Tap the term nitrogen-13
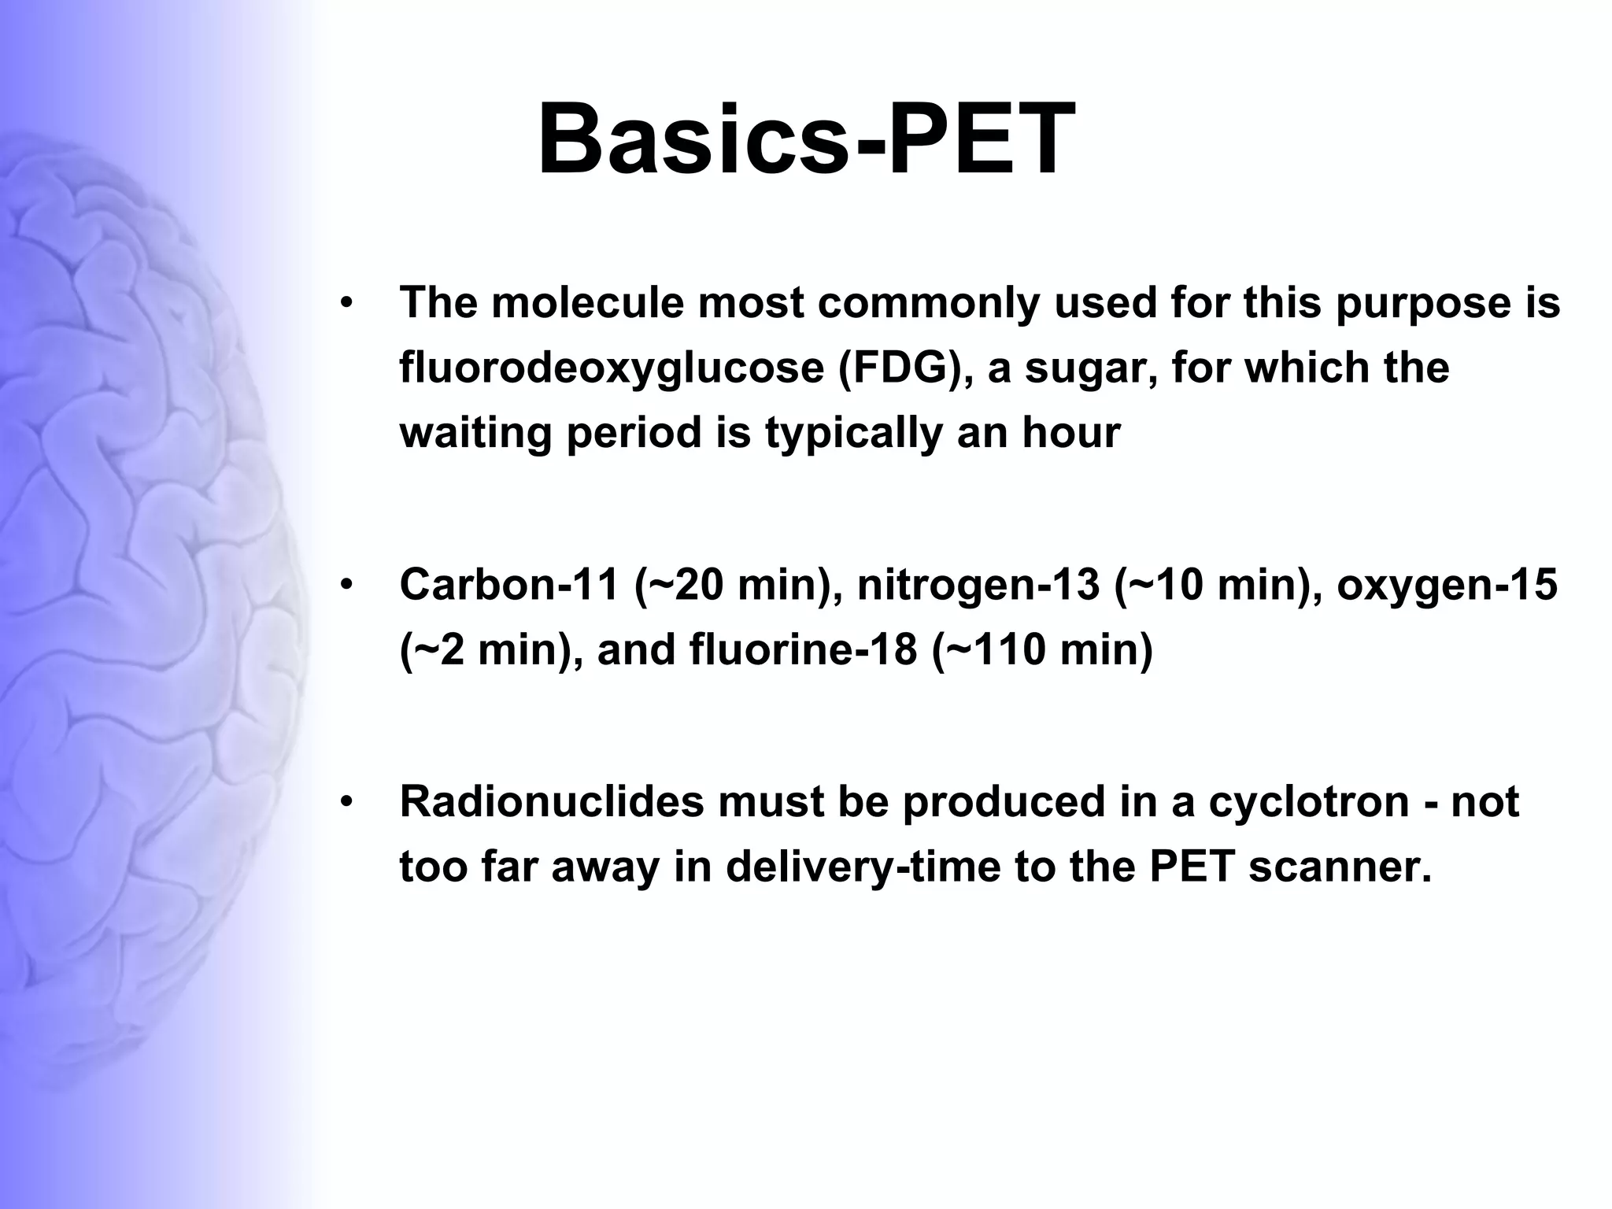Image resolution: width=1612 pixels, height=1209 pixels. (x=977, y=586)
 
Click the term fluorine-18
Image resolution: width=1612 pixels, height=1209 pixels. (x=803, y=650)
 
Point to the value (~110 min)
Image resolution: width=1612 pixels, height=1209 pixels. (x=1042, y=650)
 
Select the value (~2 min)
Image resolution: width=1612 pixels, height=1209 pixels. (x=491, y=650)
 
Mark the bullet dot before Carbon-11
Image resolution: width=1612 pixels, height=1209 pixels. (x=346, y=586)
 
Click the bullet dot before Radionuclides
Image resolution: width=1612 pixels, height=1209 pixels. (x=346, y=802)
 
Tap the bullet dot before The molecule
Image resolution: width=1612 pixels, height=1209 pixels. (x=346, y=303)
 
